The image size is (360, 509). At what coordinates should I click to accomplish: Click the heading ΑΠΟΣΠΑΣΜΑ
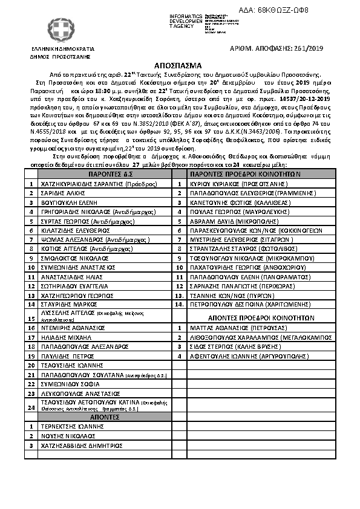click(x=180, y=65)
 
